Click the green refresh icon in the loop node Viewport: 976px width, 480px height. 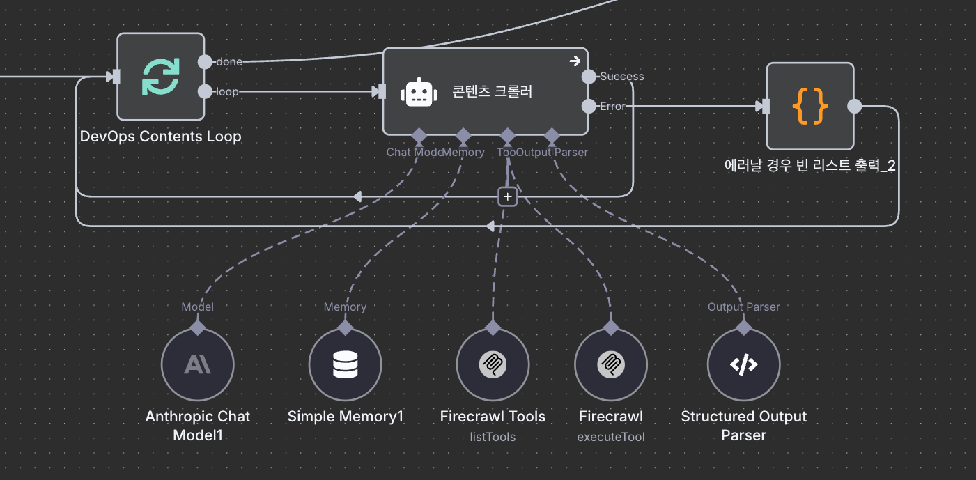pyautogui.click(x=161, y=77)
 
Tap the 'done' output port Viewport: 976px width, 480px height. pyautogui.click(x=205, y=62)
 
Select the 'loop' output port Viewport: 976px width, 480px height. pyautogui.click(x=205, y=91)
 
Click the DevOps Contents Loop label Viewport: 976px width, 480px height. pyautogui.click(x=161, y=137)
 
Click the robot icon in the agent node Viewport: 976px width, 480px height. pyautogui.click(x=419, y=92)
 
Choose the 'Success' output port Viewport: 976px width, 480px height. pyautogui.click(x=589, y=77)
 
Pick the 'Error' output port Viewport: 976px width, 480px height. pyautogui.click(x=589, y=107)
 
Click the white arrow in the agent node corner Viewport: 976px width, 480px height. pyautogui.click(x=575, y=61)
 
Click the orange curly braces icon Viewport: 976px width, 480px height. pyautogui.click(x=810, y=107)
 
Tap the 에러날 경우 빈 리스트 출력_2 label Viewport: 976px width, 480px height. pyautogui.click(x=810, y=166)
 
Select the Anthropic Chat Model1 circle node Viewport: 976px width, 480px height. pyautogui.click(x=197, y=365)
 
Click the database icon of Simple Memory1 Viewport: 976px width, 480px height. pyautogui.click(x=345, y=365)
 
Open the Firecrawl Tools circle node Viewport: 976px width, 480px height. pyautogui.click(x=493, y=365)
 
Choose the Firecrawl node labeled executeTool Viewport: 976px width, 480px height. pyautogui.click(x=611, y=365)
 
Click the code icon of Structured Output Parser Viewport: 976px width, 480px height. pyautogui.click(x=743, y=365)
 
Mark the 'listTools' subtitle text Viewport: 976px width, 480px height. pyautogui.click(x=493, y=437)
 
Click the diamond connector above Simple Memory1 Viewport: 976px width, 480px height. pyautogui.click(x=345, y=326)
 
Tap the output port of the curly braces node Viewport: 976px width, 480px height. pyautogui.click(x=854, y=107)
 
